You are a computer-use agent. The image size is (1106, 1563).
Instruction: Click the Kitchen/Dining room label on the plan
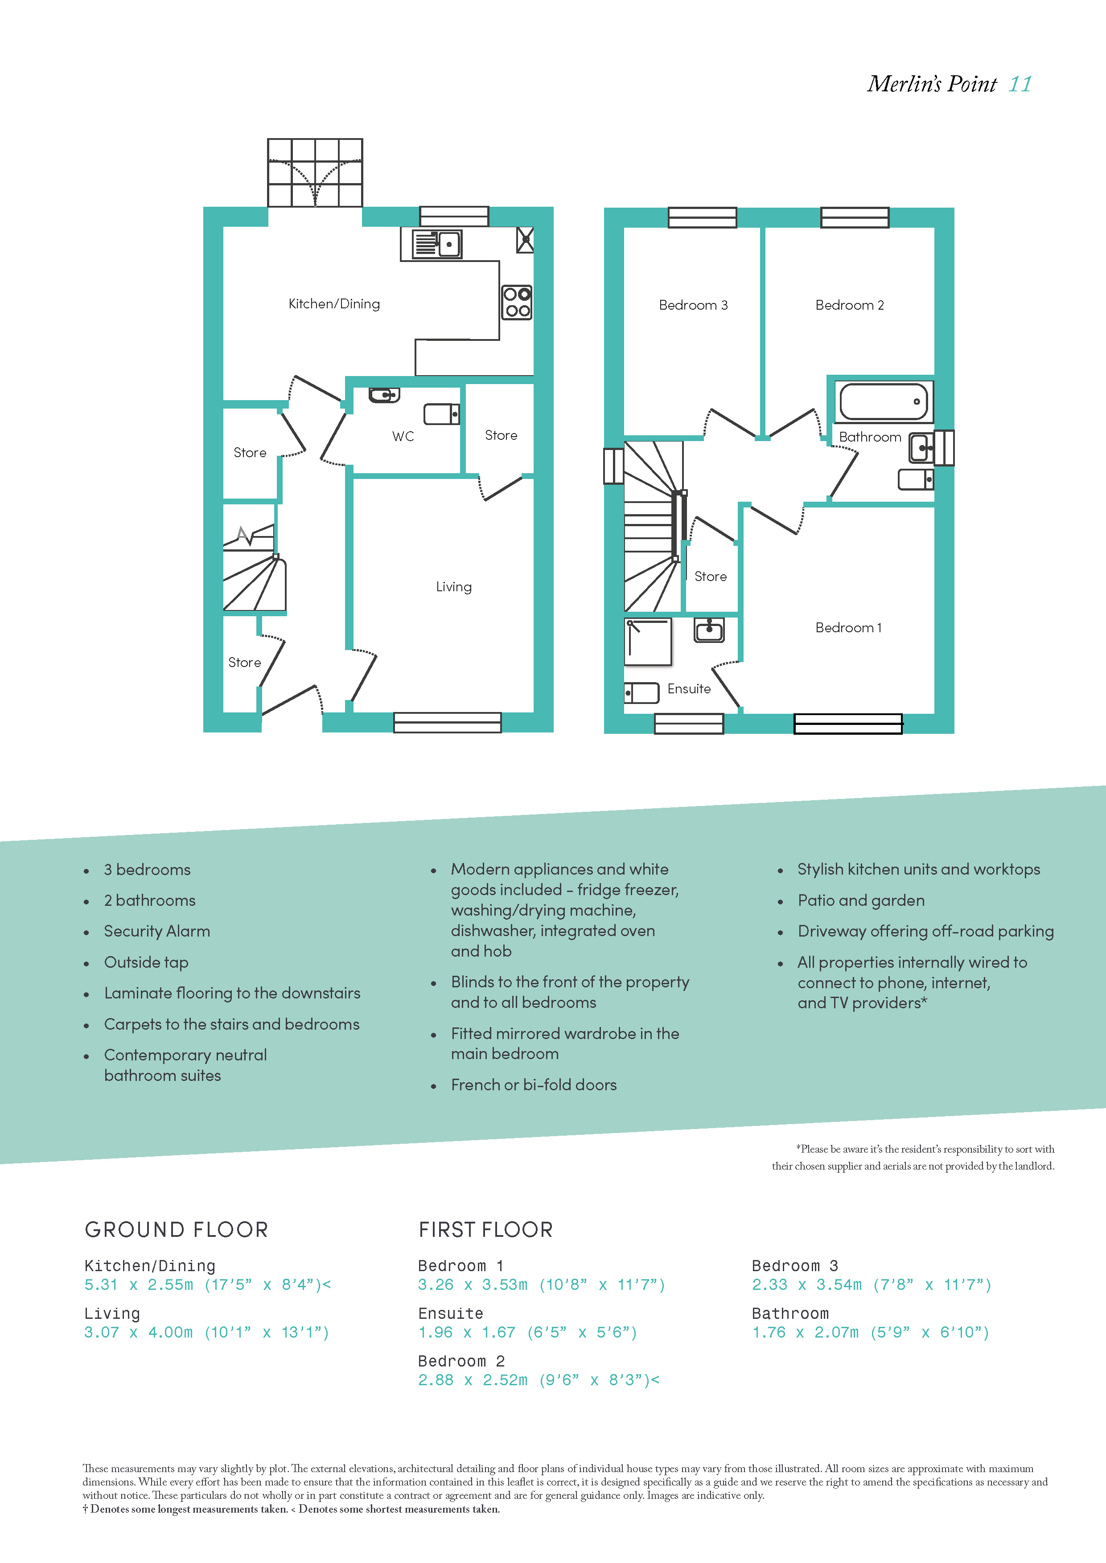[x=334, y=303]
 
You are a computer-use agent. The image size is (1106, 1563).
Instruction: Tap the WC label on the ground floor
[x=403, y=436]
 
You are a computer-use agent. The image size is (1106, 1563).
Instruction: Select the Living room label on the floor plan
[x=453, y=587]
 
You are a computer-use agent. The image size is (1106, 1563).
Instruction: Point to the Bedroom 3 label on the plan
[x=693, y=305]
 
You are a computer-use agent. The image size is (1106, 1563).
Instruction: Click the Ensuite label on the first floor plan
[x=689, y=689]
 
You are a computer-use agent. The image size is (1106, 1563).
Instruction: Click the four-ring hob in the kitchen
[x=517, y=302]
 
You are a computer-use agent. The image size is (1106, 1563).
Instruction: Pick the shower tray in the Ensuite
[x=648, y=641]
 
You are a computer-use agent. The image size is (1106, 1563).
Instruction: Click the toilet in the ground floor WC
[x=441, y=414]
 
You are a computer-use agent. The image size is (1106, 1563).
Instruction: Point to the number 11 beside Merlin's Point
[x=1020, y=84]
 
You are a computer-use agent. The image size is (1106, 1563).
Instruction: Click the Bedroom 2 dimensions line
[x=539, y=1380]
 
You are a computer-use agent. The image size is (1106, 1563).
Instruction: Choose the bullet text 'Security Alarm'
[x=156, y=931]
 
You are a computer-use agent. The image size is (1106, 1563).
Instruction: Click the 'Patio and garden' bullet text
[x=861, y=900]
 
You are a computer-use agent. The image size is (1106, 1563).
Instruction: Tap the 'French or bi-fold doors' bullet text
[x=533, y=1085]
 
